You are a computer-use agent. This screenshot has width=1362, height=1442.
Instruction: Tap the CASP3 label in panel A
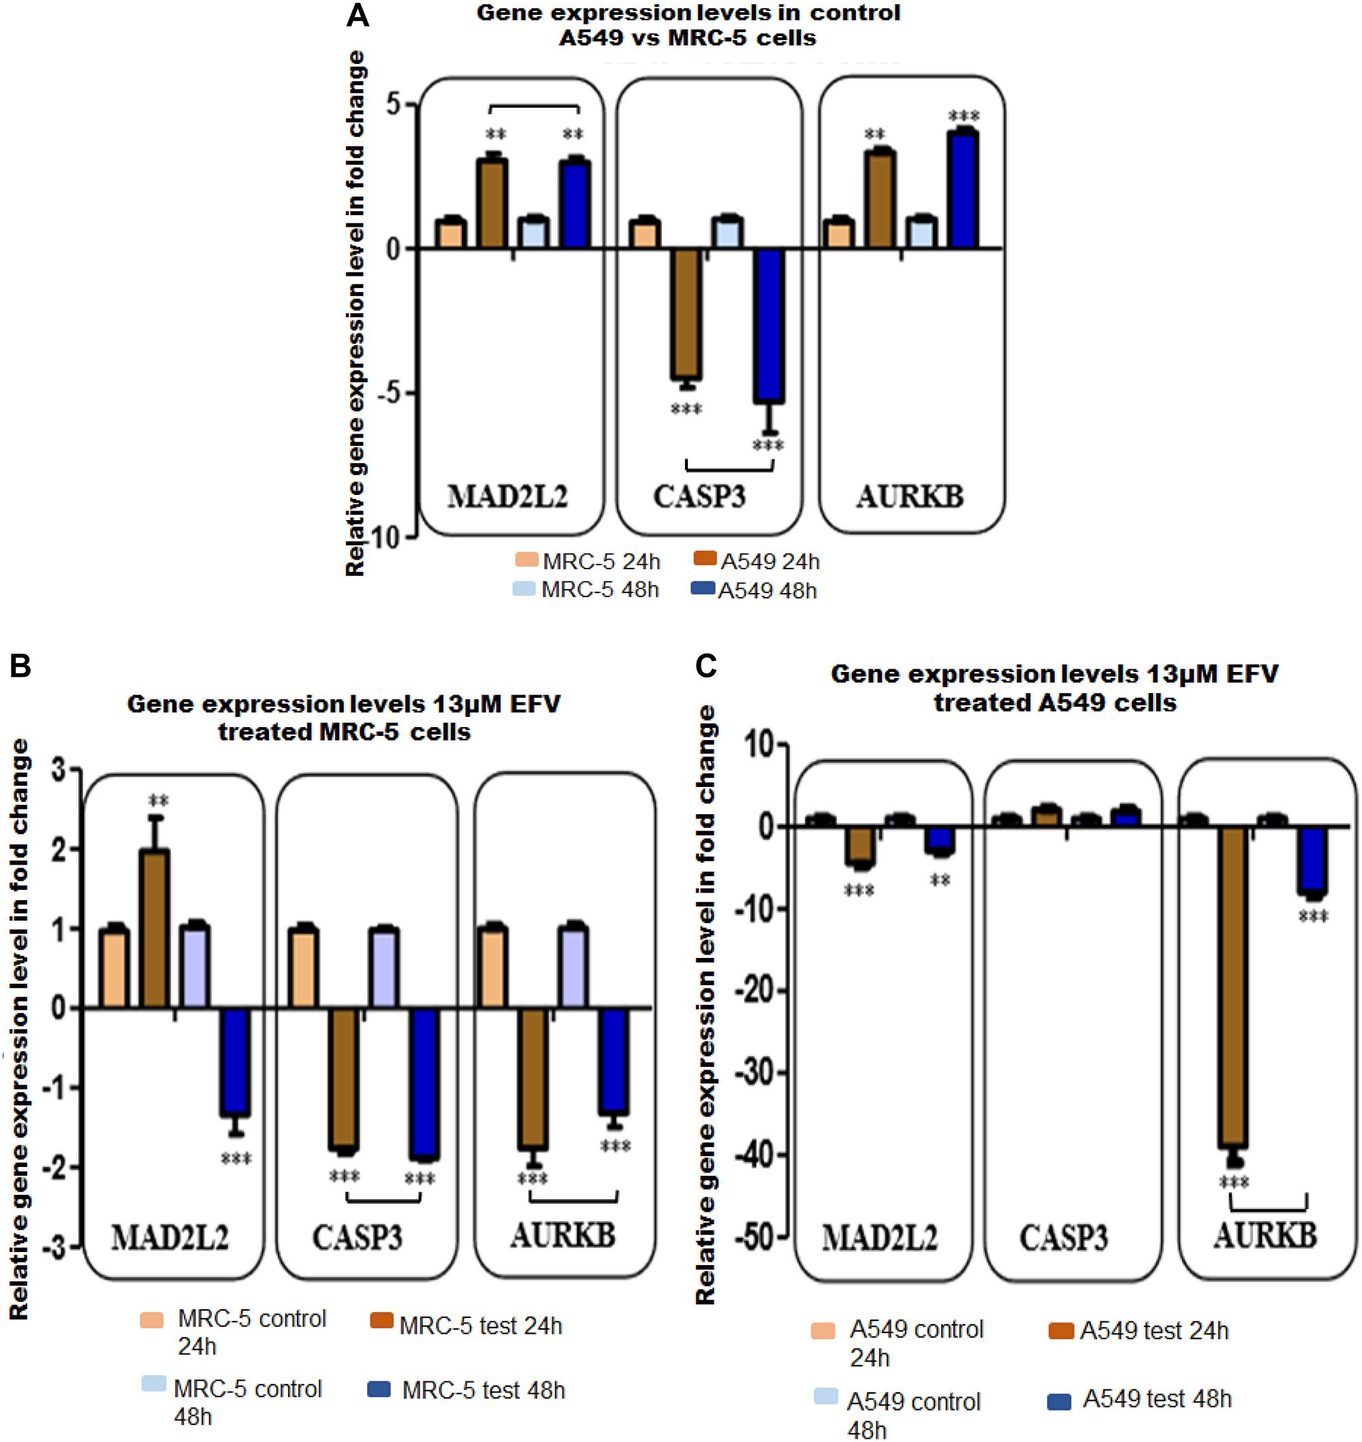coord(699,496)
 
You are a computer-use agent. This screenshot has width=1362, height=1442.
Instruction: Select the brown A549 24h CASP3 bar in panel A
coord(685,312)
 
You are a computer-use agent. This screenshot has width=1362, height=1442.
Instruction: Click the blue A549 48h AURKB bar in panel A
coord(963,190)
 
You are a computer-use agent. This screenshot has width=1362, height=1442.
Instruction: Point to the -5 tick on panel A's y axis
coord(392,393)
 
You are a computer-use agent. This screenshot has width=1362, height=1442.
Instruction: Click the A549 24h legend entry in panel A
coord(757,561)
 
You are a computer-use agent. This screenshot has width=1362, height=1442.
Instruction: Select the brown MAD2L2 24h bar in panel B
coord(154,928)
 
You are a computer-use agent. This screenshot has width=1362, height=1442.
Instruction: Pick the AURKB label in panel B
coord(563,1235)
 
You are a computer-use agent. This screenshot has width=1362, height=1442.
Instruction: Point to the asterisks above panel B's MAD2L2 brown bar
coord(158,801)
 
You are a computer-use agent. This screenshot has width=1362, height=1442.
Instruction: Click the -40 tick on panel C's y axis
coord(757,1153)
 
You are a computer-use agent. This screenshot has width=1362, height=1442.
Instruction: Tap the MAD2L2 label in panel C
coord(879,1237)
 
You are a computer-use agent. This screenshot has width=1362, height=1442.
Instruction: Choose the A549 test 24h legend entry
coord(1139,1330)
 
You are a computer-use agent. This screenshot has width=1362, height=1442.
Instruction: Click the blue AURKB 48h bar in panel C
coord(1312,860)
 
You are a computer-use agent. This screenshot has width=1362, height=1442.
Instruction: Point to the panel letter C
coord(706,665)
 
